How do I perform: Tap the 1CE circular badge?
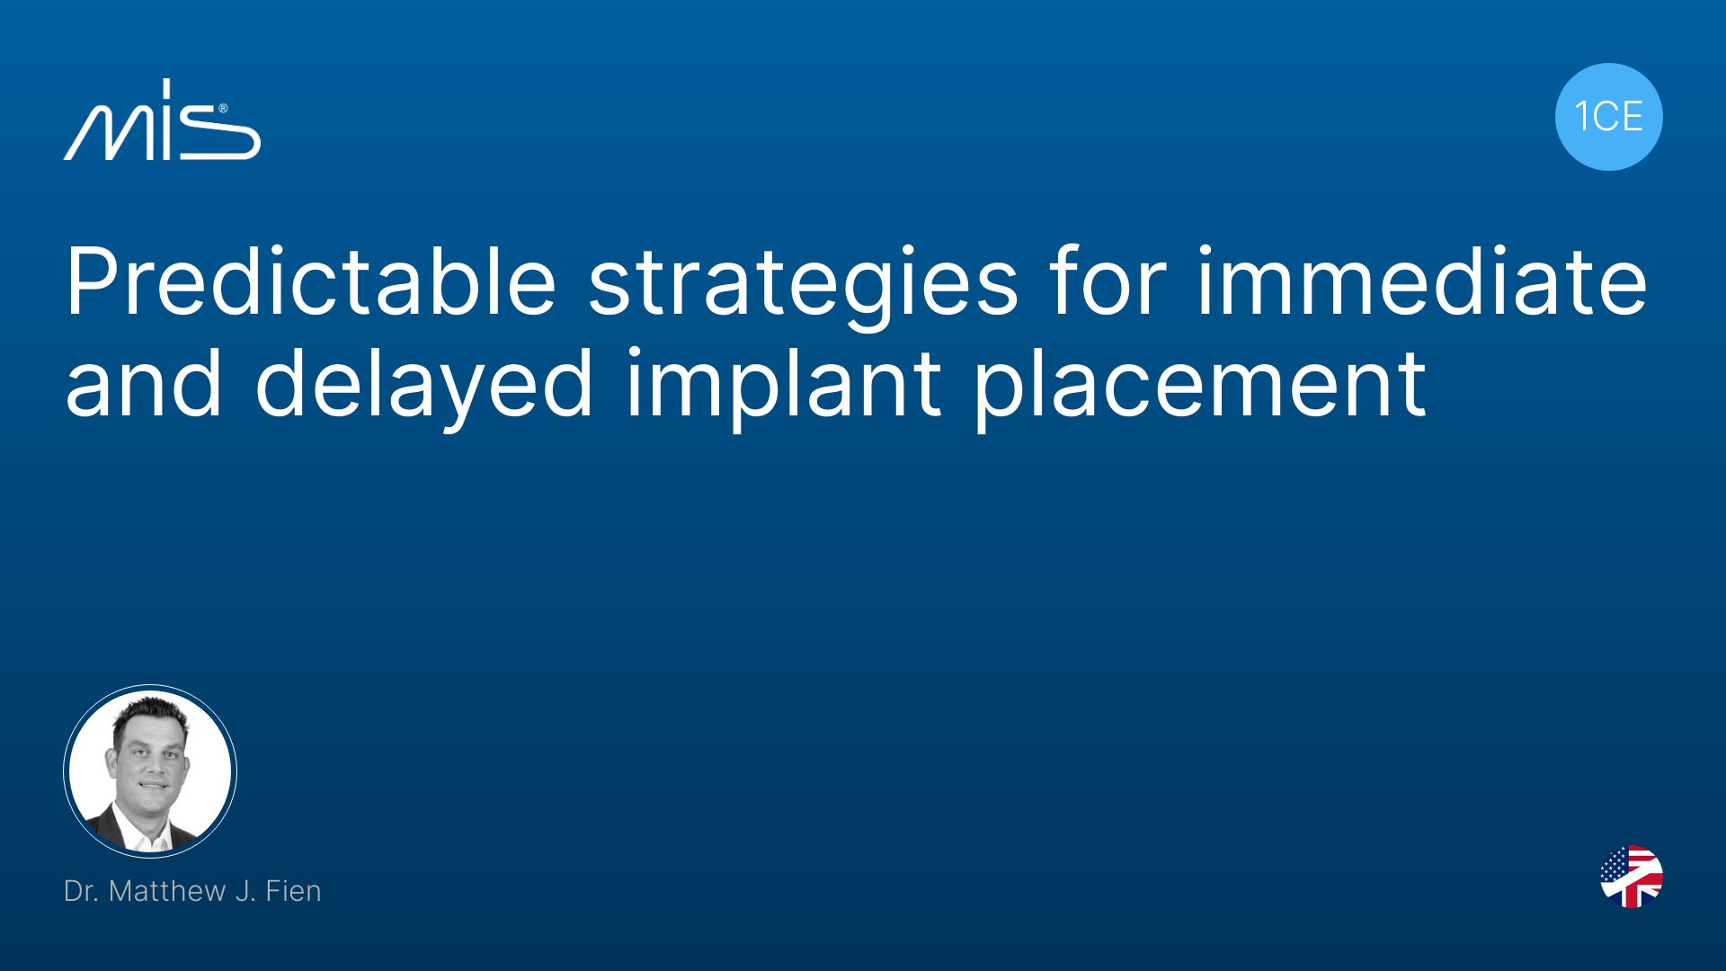(x=1608, y=117)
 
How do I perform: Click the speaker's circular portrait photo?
(x=150, y=771)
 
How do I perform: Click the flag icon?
(x=1632, y=877)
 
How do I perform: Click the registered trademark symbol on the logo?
(x=222, y=107)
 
